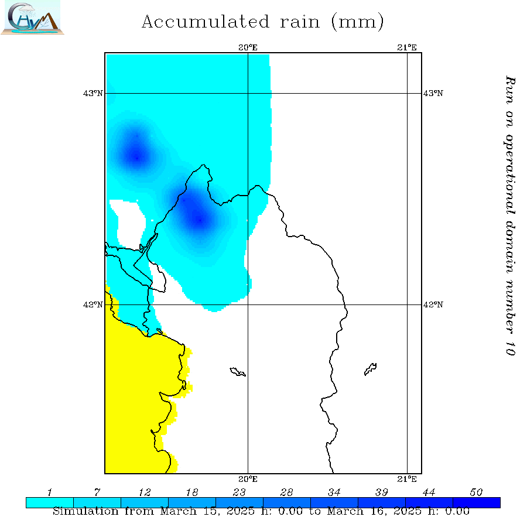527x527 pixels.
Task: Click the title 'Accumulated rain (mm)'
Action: (263, 22)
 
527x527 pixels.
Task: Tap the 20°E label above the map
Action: (248, 47)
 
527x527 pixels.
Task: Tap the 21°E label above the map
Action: (407, 47)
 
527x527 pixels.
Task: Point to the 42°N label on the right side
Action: (433, 304)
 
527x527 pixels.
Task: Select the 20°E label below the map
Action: (248, 479)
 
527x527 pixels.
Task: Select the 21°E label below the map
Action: (407, 479)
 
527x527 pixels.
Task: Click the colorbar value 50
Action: (476, 492)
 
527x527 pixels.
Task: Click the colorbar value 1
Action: (50, 492)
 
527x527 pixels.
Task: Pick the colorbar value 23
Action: (239, 492)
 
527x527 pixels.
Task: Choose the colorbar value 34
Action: (334, 492)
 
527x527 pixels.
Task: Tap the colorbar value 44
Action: (429, 492)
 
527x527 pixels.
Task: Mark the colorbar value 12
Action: (145, 492)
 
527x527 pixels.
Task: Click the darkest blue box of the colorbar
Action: (477, 502)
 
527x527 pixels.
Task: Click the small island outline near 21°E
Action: (370, 369)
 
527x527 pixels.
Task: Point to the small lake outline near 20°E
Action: (238, 372)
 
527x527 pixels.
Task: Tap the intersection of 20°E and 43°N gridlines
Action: (248, 93)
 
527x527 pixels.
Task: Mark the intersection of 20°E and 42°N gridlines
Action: (248, 304)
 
